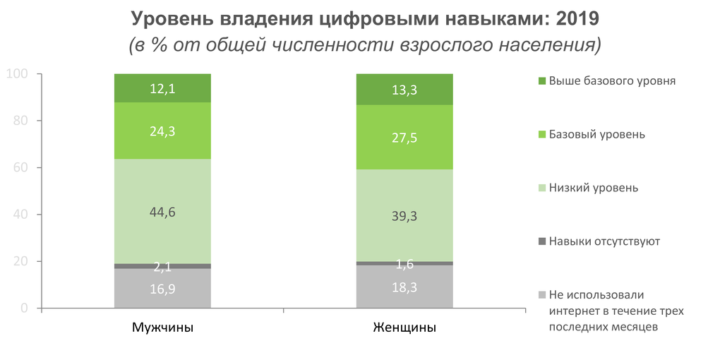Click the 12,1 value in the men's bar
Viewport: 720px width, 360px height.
pyautogui.click(x=162, y=88)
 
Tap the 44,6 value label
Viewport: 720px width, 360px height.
pyautogui.click(x=162, y=212)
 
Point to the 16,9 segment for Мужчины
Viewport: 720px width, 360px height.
pyautogui.click(x=162, y=289)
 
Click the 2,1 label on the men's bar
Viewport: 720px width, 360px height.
pyautogui.click(x=162, y=267)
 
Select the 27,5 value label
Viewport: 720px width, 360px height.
pyautogui.click(x=404, y=138)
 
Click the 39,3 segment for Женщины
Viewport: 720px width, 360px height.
pyautogui.click(x=404, y=216)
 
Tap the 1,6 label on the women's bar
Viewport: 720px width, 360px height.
pyautogui.click(x=404, y=264)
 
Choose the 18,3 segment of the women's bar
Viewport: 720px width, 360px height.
pyautogui.click(x=404, y=287)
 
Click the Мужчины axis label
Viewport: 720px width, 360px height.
pyautogui.click(x=162, y=328)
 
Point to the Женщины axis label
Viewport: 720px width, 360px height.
pyautogui.click(x=404, y=328)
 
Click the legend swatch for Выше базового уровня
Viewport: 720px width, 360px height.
pyautogui.click(x=542, y=81)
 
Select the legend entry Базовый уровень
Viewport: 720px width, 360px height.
pyautogui.click(x=596, y=134)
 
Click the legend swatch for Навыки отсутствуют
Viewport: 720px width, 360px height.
pyautogui.click(x=542, y=241)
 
